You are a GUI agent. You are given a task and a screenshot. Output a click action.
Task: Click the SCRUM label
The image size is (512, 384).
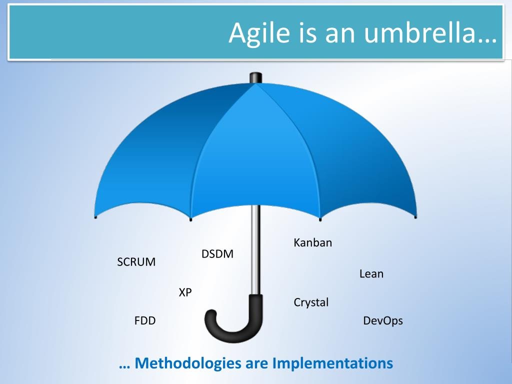pyautogui.click(x=136, y=262)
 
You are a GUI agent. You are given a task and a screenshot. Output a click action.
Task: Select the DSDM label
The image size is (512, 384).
pyautogui.click(x=217, y=254)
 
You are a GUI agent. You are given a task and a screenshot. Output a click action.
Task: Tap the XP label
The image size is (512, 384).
pyautogui.click(x=185, y=293)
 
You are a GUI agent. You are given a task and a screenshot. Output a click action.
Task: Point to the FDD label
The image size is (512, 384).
pyautogui.click(x=145, y=321)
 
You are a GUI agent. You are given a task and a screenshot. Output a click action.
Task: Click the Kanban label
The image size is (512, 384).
pyautogui.click(x=312, y=243)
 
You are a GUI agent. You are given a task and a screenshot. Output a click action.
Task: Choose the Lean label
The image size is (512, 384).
pyautogui.click(x=371, y=274)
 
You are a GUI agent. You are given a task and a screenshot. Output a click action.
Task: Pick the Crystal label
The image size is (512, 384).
pyautogui.click(x=311, y=302)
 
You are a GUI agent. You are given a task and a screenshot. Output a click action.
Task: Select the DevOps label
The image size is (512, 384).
pyautogui.click(x=383, y=321)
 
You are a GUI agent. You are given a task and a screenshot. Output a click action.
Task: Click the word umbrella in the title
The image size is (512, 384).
pyautogui.click(x=430, y=33)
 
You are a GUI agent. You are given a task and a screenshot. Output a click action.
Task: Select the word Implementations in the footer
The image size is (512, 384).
pyautogui.click(x=332, y=363)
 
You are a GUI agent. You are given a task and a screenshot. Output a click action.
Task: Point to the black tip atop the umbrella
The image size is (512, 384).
pyautogui.click(x=255, y=77)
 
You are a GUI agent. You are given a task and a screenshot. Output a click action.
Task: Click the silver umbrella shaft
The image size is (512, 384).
pyautogui.click(x=255, y=255)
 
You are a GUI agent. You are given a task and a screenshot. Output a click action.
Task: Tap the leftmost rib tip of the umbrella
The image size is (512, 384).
pyautogui.click(x=95, y=216)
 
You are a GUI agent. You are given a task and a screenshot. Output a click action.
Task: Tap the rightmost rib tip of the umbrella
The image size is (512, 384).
pyautogui.click(x=415, y=216)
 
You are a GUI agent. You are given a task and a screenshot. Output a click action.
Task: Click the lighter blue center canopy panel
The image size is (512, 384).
pyautogui.click(x=255, y=150)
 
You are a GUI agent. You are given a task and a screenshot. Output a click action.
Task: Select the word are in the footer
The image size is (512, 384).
pyautogui.click(x=257, y=363)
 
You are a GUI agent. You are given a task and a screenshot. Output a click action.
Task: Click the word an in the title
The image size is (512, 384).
pyautogui.click(x=339, y=33)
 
